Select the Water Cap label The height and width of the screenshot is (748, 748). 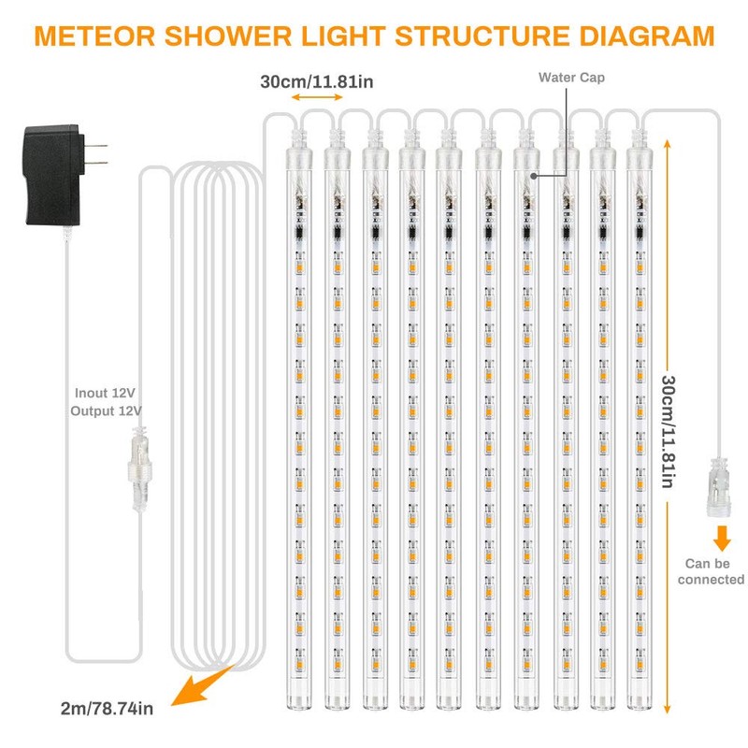(570, 78)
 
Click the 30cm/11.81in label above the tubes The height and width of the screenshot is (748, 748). (317, 81)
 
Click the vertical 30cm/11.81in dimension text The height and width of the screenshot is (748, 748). (668, 431)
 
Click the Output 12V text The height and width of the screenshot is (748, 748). (106, 410)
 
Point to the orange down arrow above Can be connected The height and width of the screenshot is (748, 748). (721, 539)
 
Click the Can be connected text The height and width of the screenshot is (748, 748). (712, 571)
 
